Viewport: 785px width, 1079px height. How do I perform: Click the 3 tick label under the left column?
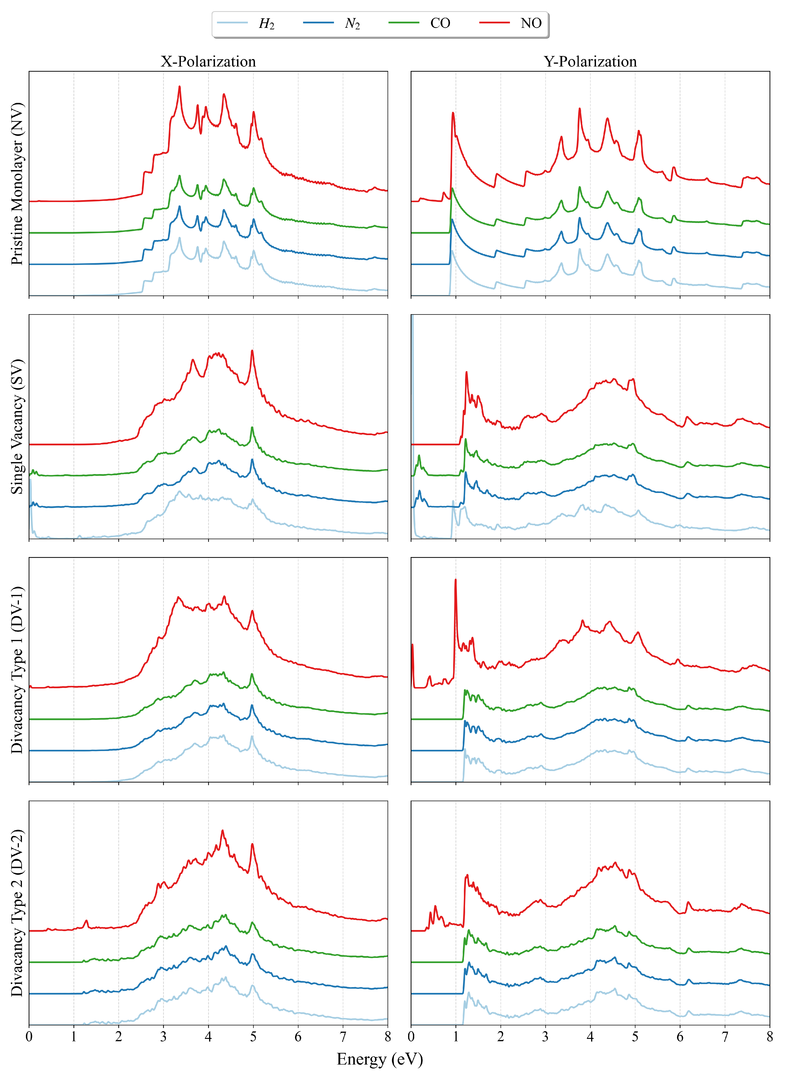pos(163,1037)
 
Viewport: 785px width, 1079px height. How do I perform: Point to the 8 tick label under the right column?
pos(769,1037)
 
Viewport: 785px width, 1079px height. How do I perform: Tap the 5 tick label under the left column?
pos(253,1037)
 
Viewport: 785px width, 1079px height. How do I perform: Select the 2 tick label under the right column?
pos(501,1037)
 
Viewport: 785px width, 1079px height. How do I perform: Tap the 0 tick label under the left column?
pos(29,1037)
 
